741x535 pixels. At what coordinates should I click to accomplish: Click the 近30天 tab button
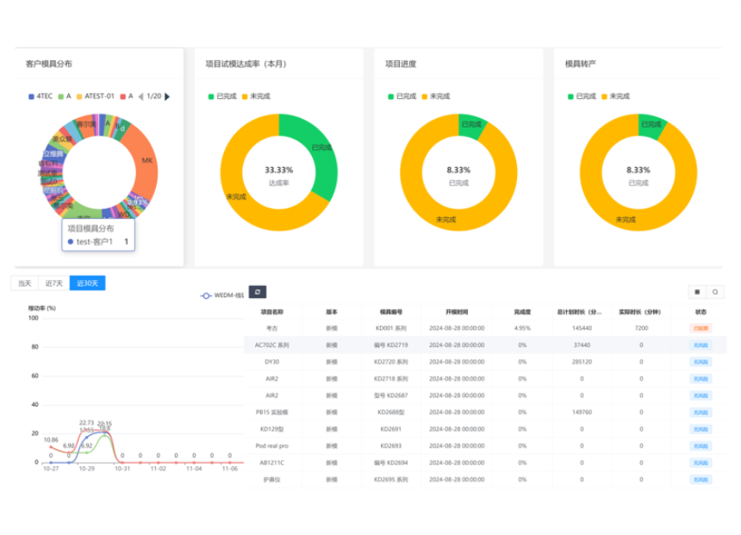point(87,283)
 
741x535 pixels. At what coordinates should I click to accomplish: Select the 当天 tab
point(25,283)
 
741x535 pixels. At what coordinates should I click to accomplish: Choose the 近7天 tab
point(54,283)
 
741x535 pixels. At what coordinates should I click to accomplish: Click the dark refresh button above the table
point(257,292)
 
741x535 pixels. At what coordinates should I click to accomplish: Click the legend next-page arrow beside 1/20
point(167,96)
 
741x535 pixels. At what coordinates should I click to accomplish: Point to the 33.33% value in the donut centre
point(278,170)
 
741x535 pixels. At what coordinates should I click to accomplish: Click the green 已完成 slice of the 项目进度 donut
point(472,126)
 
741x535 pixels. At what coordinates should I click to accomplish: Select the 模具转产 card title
point(581,64)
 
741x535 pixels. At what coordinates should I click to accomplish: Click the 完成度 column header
point(522,312)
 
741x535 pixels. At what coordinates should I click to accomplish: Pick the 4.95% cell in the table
point(522,328)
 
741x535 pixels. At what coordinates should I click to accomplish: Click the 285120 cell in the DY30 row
point(582,362)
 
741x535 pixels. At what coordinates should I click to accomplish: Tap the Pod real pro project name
point(272,445)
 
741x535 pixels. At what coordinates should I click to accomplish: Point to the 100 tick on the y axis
point(34,318)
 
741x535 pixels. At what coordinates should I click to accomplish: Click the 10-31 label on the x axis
point(122,469)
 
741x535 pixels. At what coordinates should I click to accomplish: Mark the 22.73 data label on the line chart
point(86,423)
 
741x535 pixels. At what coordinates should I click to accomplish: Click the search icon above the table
point(715,292)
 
